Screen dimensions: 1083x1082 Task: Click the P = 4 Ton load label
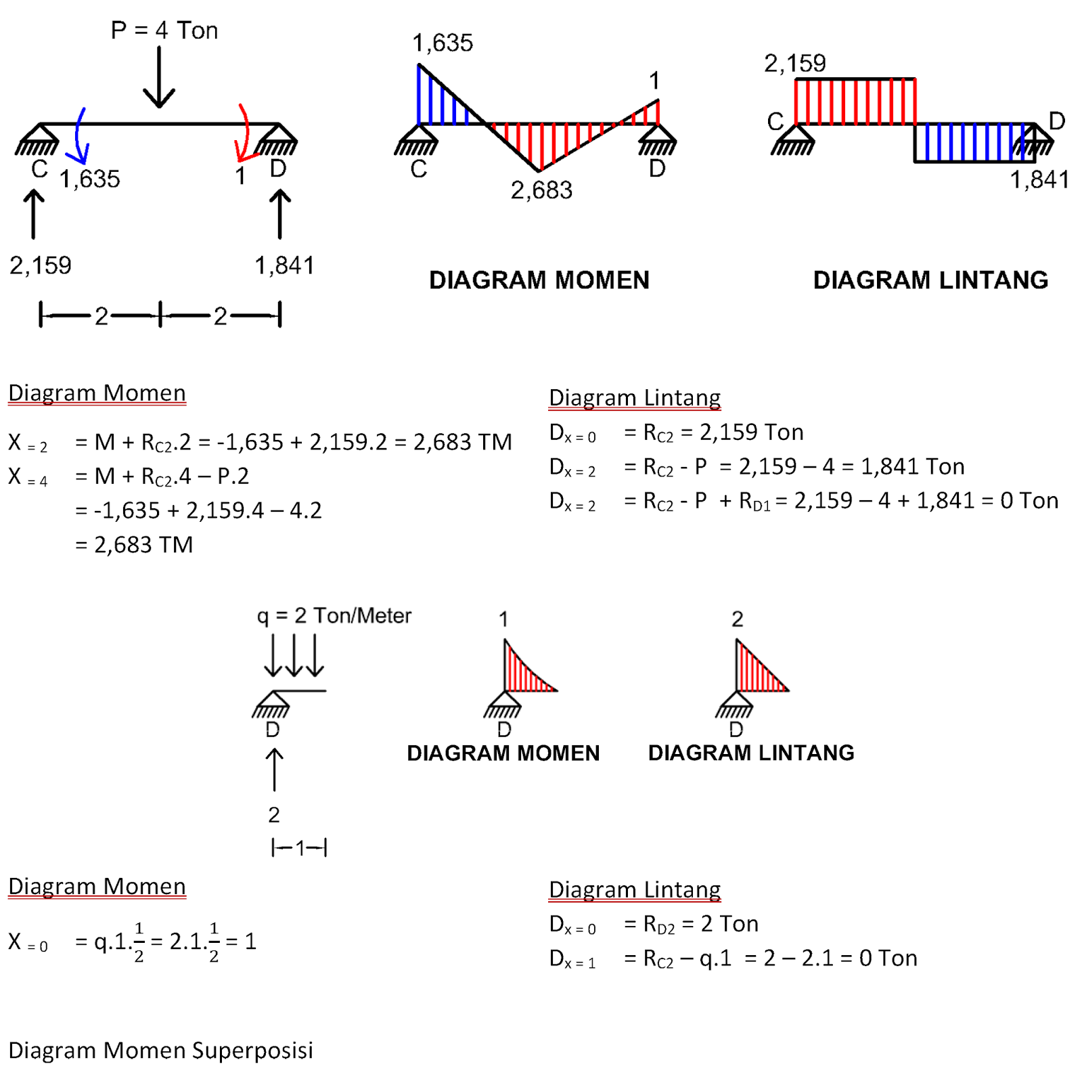tap(164, 30)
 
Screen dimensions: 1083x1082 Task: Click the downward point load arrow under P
tap(160, 78)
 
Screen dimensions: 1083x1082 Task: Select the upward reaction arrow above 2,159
tap(33, 214)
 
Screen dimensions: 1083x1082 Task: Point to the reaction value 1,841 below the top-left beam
tap(284, 265)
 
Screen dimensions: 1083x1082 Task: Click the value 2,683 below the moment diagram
tap(541, 190)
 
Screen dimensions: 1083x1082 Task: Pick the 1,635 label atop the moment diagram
tap(443, 43)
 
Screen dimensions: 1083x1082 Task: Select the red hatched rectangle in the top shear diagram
tap(855, 102)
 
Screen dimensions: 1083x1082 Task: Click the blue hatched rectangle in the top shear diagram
tap(974, 142)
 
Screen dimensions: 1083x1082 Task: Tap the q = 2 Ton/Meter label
tap(334, 615)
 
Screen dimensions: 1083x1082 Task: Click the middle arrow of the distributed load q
tap(294, 655)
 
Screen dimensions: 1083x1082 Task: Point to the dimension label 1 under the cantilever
tap(300, 847)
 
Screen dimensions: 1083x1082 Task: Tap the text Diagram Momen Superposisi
tap(160, 1050)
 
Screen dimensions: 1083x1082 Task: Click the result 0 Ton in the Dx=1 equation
tap(888, 958)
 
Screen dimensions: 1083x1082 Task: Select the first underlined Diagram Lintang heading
tap(634, 397)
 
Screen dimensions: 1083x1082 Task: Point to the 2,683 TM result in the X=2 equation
tap(462, 442)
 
